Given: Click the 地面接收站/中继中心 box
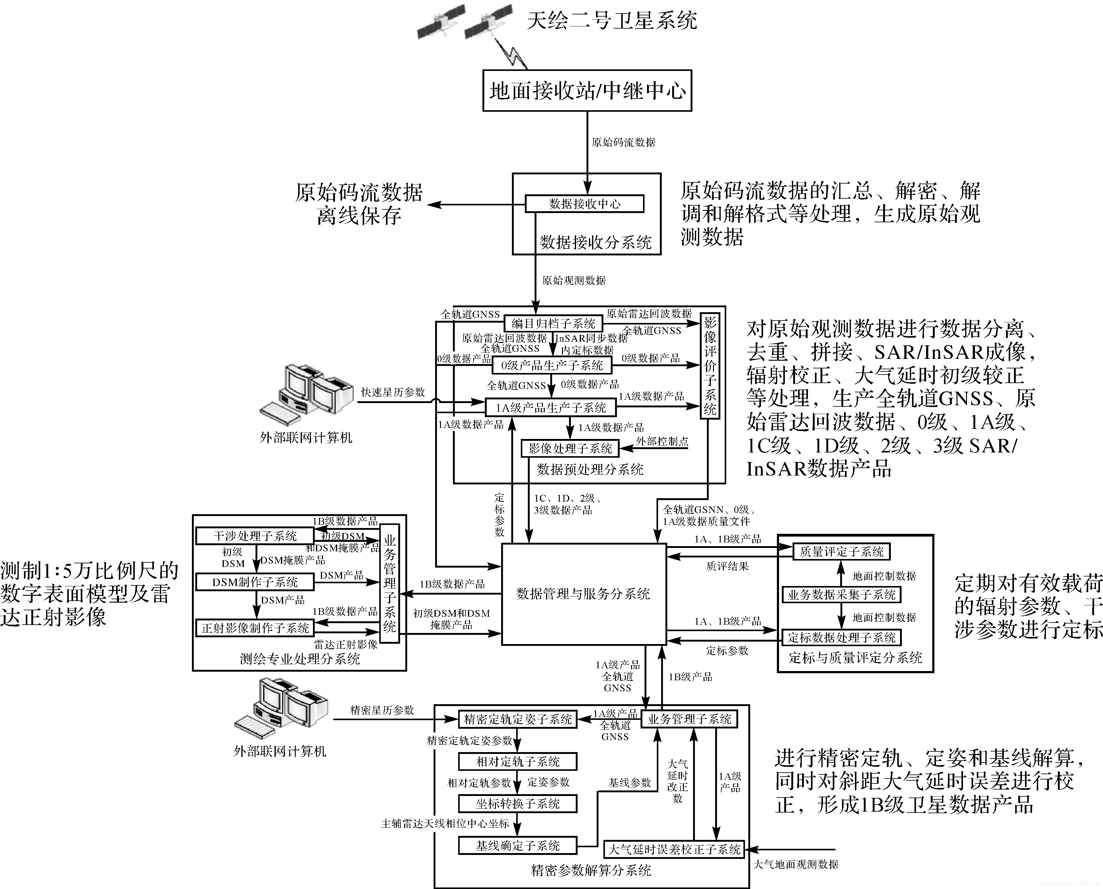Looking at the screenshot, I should point(587,91).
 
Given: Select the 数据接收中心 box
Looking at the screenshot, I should point(585,204).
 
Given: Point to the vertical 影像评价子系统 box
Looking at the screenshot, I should point(710,366).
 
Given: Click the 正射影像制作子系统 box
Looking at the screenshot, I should point(255,628).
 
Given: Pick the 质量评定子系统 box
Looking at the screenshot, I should point(841,552).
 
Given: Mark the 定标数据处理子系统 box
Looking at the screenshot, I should point(841,638).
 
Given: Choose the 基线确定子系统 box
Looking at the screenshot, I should point(517,845).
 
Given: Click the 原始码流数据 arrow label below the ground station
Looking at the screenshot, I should point(623,142).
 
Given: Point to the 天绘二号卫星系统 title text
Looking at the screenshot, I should point(612,21).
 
